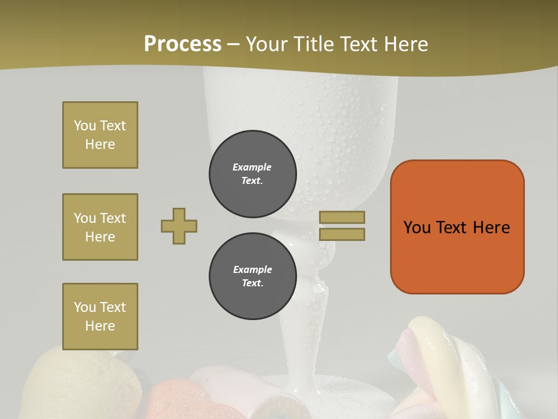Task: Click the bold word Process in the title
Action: click(x=183, y=44)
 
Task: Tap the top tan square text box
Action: click(x=100, y=135)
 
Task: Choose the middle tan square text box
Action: click(x=100, y=227)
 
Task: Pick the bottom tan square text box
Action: click(x=100, y=317)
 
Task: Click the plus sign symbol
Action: click(x=179, y=226)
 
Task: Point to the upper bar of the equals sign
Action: click(x=342, y=217)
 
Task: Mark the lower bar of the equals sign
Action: click(x=342, y=234)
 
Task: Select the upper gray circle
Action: click(x=252, y=173)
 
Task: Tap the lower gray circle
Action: click(x=252, y=276)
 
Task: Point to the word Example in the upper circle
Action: click(x=252, y=167)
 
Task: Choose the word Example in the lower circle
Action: click(x=252, y=269)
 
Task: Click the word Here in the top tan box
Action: click(x=100, y=144)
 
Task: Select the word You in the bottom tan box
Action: click(x=85, y=307)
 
